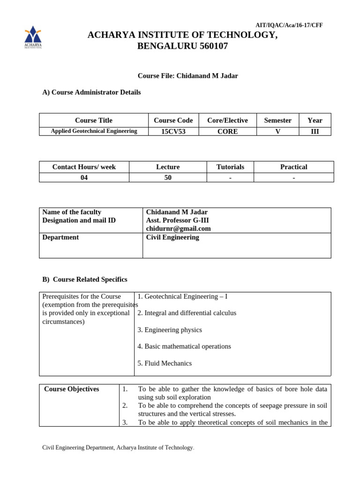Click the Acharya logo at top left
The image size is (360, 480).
(x=33, y=37)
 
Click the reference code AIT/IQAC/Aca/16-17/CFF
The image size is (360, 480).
(x=289, y=25)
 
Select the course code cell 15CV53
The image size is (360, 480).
(x=173, y=132)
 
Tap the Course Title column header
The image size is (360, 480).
(x=94, y=120)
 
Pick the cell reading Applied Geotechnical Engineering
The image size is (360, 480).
(x=94, y=131)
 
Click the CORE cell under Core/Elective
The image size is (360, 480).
(x=227, y=132)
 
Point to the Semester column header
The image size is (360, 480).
(x=277, y=120)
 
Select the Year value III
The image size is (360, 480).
(x=315, y=132)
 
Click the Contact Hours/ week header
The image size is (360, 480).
(x=84, y=167)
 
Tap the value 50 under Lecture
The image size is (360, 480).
(x=168, y=178)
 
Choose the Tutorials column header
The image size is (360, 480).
(x=230, y=167)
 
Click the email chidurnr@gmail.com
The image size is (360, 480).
(x=178, y=229)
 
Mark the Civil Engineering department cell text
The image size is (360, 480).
(x=172, y=237)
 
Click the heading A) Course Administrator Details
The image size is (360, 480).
(x=91, y=92)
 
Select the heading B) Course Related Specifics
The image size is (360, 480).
(x=85, y=279)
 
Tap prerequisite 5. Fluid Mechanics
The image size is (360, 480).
(x=165, y=363)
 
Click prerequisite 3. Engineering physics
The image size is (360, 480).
(x=170, y=330)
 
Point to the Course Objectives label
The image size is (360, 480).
(x=71, y=389)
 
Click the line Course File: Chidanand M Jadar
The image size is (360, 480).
(x=187, y=76)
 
